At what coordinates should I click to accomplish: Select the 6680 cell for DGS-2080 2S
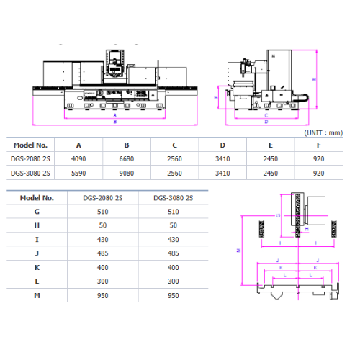[127, 159]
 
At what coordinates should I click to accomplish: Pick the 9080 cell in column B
[127, 173]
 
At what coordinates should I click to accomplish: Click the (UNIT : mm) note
[324, 133]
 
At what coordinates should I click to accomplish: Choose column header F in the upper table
[319, 145]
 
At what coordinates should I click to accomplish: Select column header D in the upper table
[222, 145]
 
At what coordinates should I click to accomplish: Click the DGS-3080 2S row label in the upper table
[30, 173]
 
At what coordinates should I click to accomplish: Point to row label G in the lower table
[37, 212]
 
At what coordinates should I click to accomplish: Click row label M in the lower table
[37, 295]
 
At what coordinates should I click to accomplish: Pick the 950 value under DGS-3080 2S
[172, 295]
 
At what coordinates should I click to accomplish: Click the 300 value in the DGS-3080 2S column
[172, 282]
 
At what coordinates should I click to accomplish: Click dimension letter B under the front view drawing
[114, 122]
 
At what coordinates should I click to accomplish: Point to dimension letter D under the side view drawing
[266, 121]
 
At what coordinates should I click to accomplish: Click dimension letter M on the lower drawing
[238, 251]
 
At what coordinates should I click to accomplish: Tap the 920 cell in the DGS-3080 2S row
[319, 173]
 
